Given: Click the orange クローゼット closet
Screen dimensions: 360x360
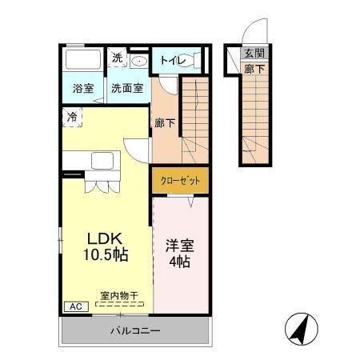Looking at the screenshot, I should pos(180,179).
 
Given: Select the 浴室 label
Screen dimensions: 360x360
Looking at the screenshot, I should pos(83,89).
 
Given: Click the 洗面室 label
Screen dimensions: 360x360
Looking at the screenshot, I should pos(127,89).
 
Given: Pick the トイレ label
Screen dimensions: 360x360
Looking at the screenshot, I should pos(173,60).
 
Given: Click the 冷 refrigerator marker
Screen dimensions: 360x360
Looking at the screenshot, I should pos(72,117).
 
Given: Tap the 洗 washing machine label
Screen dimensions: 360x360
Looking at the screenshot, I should pos(117,58).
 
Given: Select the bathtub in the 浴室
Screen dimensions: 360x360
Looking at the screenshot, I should pos(82,61).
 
